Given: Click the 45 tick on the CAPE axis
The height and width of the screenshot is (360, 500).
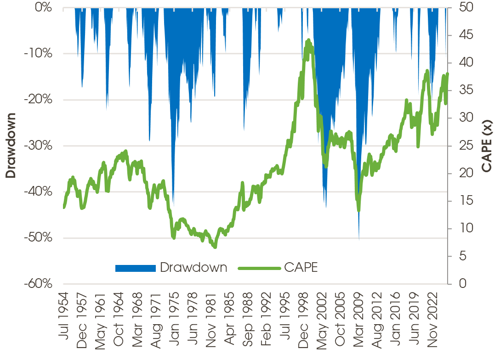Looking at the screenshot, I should click(461, 35).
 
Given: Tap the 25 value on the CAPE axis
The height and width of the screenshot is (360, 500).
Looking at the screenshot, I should click(461, 146).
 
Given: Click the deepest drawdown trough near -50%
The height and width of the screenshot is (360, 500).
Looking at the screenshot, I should click(359, 238).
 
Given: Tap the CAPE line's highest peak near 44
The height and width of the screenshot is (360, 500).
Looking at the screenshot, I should click(308, 40).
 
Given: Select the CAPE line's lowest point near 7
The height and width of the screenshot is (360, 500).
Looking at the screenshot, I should click(215, 247).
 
